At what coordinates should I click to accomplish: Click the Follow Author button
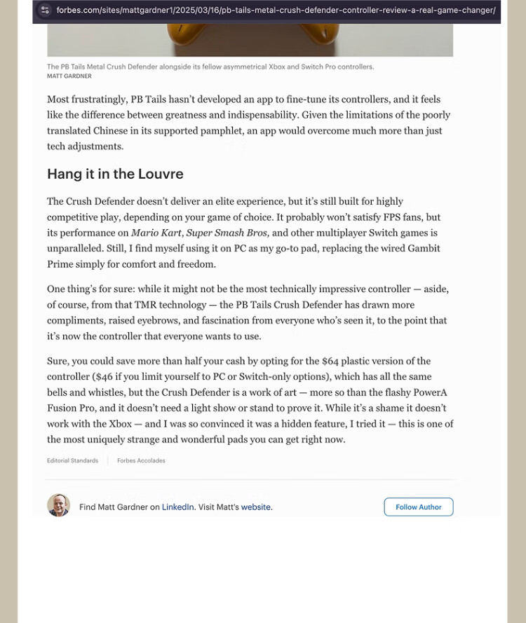click(x=418, y=507)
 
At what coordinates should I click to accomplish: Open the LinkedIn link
click(x=177, y=507)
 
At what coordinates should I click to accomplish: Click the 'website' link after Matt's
click(x=256, y=507)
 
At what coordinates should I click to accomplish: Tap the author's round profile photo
click(x=58, y=505)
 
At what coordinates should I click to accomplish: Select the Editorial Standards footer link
click(x=72, y=460)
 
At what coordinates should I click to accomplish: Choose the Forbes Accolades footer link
click(x=141, y=460)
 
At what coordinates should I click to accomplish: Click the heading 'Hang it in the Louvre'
click(x=115, y=174)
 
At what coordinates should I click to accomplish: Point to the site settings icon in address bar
click(x=45, y=11)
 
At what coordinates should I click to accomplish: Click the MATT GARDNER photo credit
click(x=69, y=76)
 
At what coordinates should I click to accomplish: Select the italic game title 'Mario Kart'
click(x=156, y=233)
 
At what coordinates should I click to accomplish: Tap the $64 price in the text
click(x=331, y=361)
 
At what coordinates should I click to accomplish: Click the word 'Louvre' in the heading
click(x=161, y=174)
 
